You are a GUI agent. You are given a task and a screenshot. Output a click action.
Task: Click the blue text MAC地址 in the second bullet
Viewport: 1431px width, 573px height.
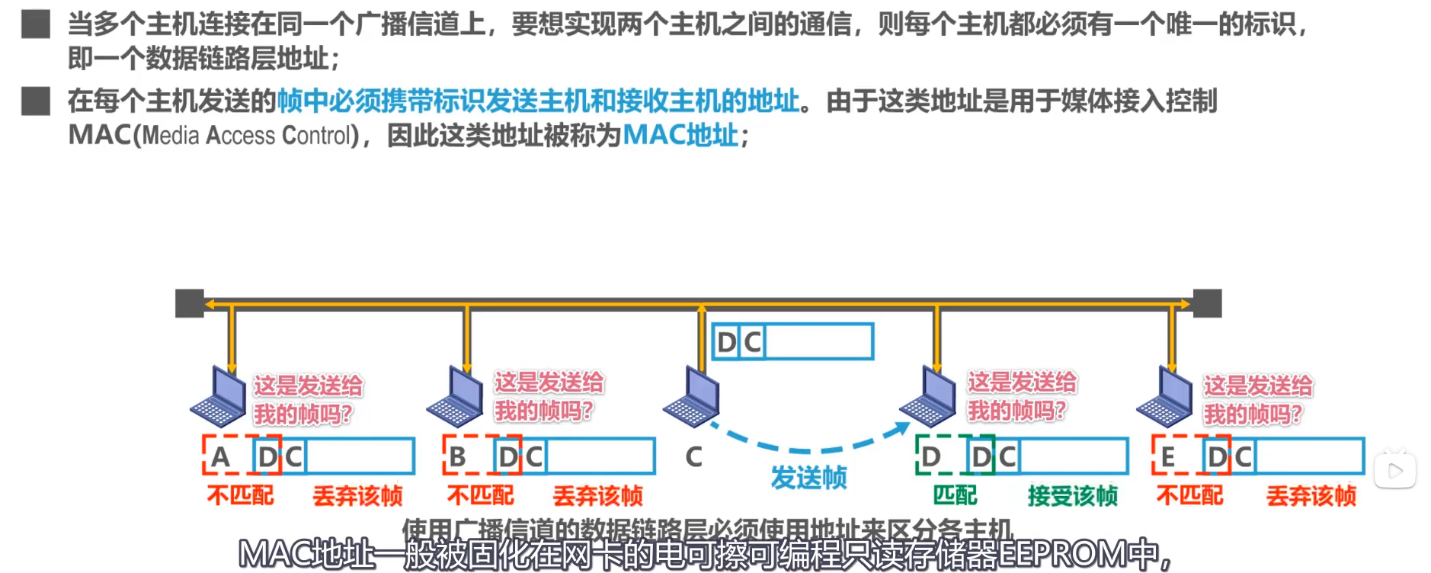coord(680,136)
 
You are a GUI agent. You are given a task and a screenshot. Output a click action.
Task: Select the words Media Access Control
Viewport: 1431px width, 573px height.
coord(247,136)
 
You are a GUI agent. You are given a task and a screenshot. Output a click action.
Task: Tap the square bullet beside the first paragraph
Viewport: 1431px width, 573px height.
coord(35,24)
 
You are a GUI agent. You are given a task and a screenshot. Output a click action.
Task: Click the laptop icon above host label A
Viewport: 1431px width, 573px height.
coord(218,396)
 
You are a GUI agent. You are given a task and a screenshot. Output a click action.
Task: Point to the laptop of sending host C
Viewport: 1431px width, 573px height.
coord(691,396)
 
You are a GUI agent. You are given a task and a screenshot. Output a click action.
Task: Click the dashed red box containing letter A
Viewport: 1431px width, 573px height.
coord(241,456)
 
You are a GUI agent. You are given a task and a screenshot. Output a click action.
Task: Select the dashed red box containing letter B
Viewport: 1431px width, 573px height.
coord(482,456)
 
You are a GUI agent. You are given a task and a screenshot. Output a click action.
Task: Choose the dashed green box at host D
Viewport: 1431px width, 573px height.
coord(955,456)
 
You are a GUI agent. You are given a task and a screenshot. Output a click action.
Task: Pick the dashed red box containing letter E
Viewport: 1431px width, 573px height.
coord(1191,456)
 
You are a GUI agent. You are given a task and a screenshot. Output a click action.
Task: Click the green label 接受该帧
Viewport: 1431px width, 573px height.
coord(1072,496)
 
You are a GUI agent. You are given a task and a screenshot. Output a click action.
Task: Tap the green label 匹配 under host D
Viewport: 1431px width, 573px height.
coord(955,495)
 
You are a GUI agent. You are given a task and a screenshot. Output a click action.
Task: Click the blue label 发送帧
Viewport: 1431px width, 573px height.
coord(808,478)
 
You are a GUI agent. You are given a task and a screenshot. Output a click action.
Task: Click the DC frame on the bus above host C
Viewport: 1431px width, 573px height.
coord(792,341)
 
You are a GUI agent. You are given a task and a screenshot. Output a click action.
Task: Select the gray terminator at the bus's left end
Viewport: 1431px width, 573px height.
coord(190,303)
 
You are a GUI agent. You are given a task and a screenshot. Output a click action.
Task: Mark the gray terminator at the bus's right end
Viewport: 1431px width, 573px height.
coord(1207,303)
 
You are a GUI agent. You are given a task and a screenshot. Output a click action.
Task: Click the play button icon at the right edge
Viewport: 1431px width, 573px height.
coord(1394,471)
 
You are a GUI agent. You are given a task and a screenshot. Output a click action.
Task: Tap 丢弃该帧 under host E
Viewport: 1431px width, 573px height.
coord(1311,496)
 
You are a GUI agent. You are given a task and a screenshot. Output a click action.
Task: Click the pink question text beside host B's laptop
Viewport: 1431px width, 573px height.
coord(548,396)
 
